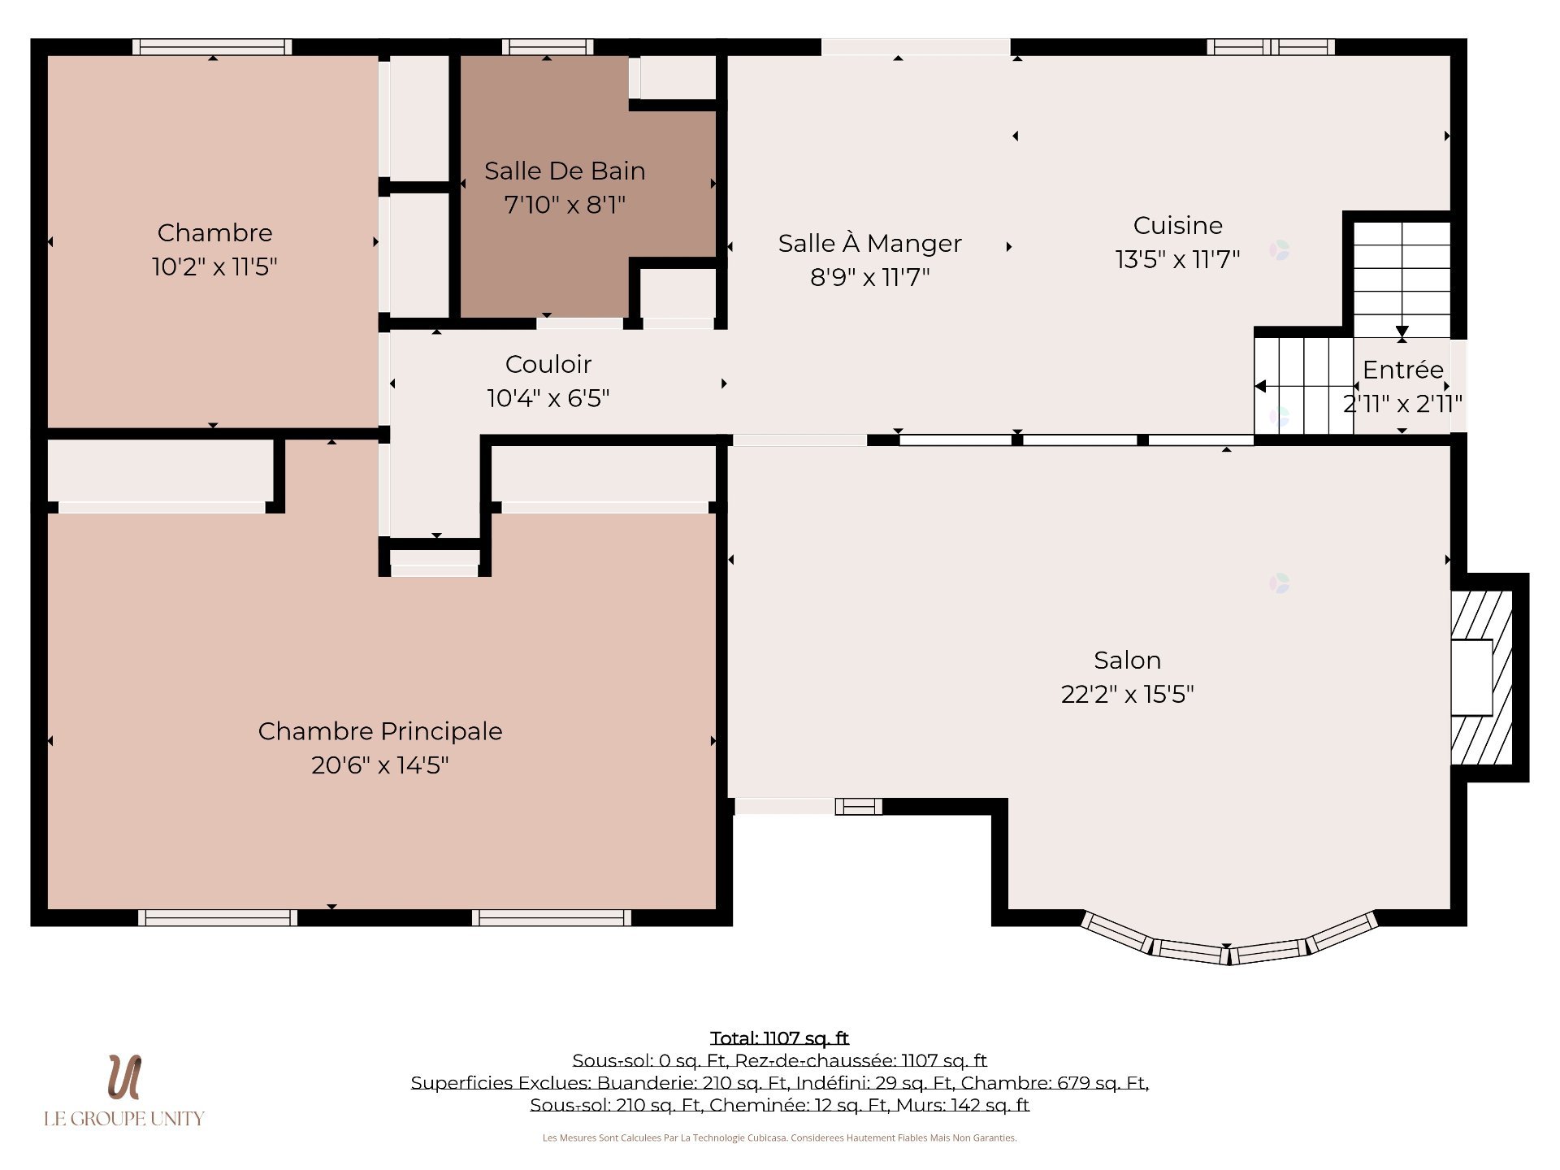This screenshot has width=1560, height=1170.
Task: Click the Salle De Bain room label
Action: click(x=565, y=171)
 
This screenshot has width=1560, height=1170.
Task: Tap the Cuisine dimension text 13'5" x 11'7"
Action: click(x=1177, y=259)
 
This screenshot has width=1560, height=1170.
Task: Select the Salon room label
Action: click(x=1127, y=660)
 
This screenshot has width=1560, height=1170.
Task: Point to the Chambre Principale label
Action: click(x=380, y=731)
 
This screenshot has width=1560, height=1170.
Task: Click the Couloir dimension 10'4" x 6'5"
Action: click(x=548, y=398)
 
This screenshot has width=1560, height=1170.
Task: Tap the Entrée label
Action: click(x=1403, y=370)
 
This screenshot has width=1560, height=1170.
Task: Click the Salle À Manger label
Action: click(x=869, y=243)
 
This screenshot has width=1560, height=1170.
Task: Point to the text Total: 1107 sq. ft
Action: click(x=779, y=1038)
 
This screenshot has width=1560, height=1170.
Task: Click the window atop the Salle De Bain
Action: click(x=548, y=47)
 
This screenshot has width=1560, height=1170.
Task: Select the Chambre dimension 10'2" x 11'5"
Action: click(x=214, y=266)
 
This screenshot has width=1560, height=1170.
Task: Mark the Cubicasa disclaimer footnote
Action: click(x=779, y=1137)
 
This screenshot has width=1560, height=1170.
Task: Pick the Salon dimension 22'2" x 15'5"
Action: click(x=1127, y=694)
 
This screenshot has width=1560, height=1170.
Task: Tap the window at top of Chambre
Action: click(x=212, y=47)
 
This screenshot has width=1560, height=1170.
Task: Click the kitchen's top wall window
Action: click(x=1271, y=47)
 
